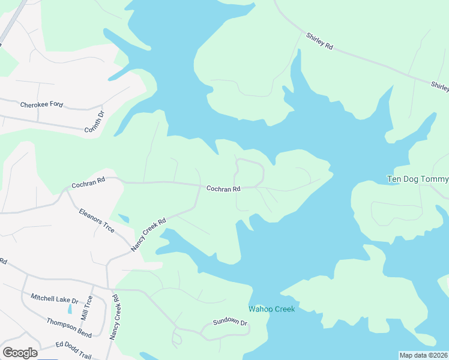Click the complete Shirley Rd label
[319, 45]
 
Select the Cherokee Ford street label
[41, 104]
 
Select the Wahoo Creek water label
[272, 309]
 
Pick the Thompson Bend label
[69, 325]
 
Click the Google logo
[20, 353]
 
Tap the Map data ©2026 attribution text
[424, 355]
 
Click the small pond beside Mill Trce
[70, 309]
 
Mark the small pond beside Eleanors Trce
[124, 218]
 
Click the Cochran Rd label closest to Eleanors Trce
[88, 181]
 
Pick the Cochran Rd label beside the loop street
[223, 188]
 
